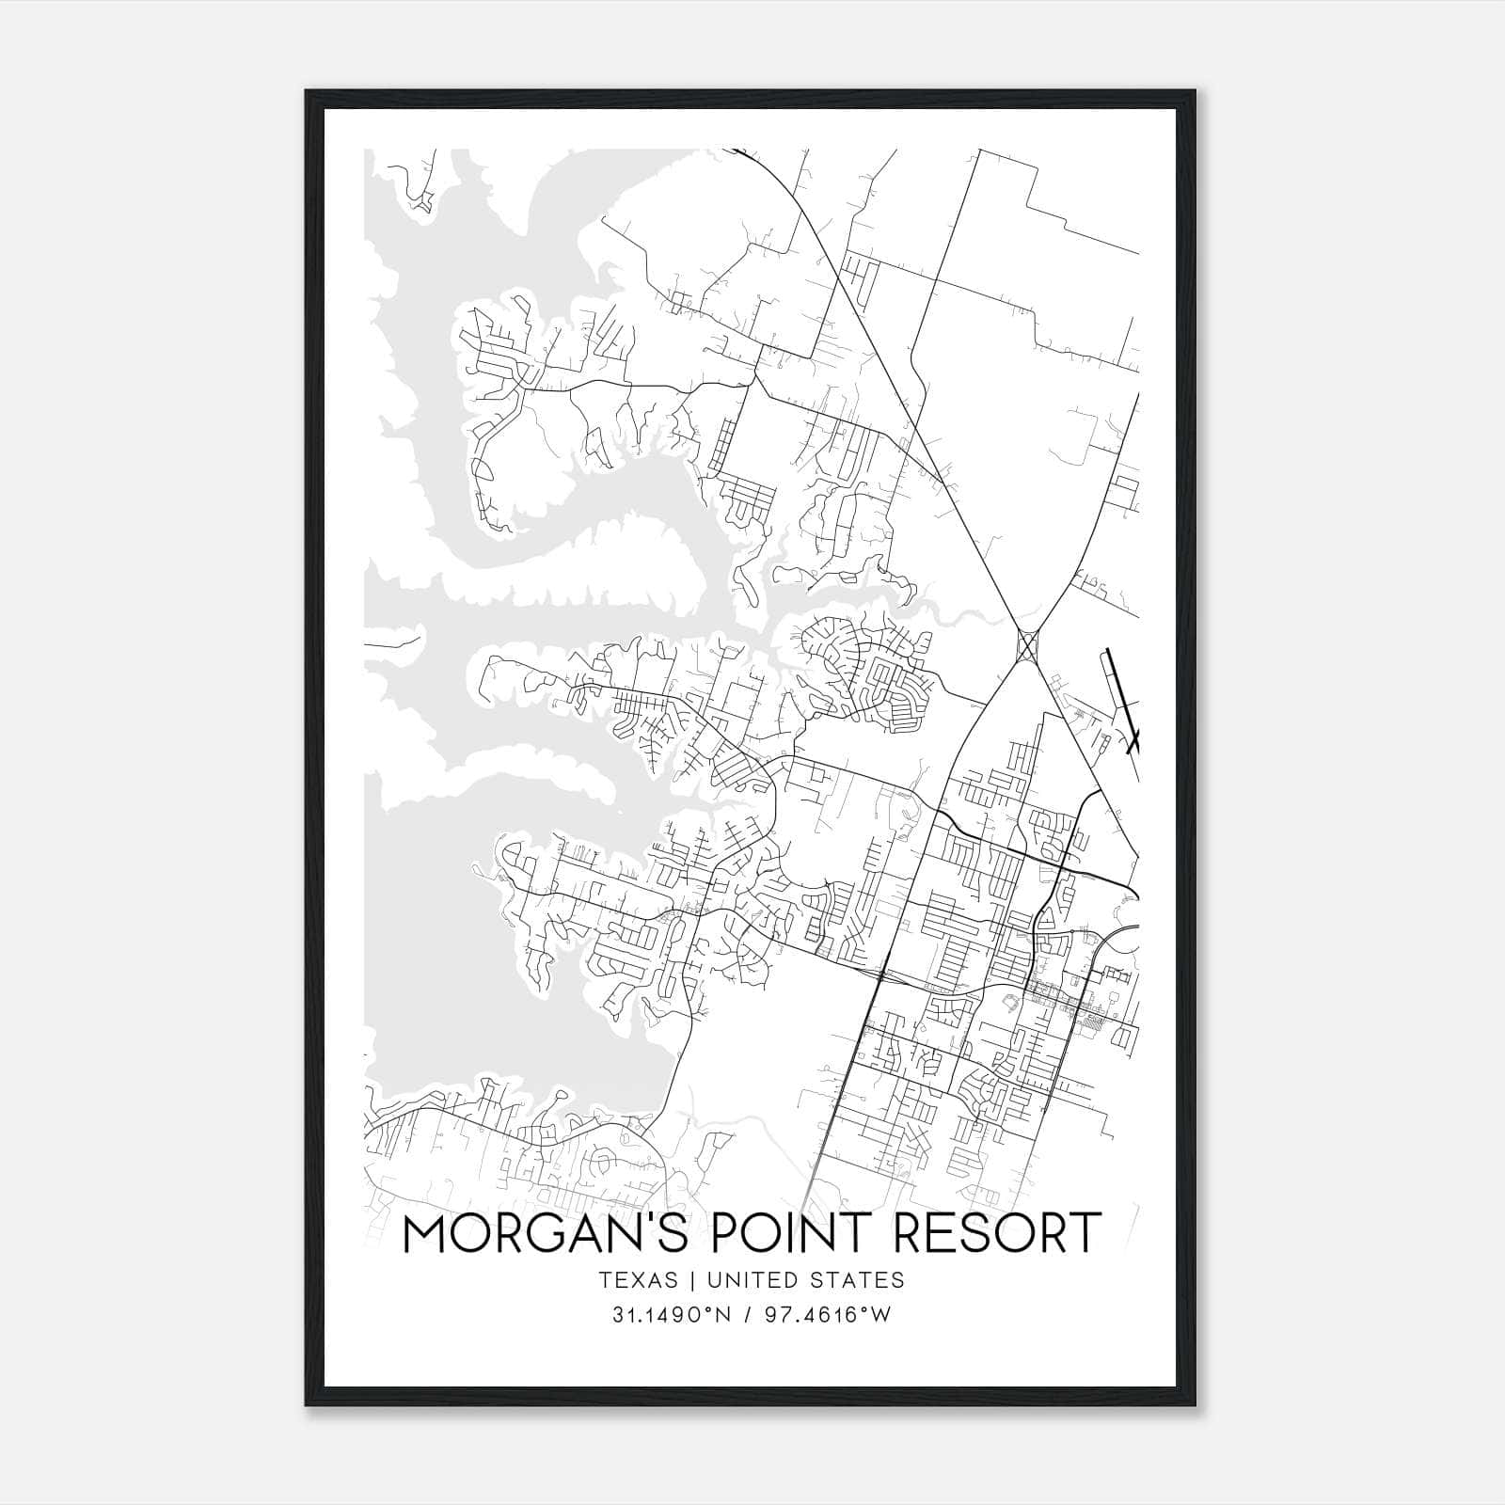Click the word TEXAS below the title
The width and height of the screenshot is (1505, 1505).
638,1279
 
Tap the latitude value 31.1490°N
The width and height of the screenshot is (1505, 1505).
671,1315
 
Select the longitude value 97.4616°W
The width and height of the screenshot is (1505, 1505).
829,1315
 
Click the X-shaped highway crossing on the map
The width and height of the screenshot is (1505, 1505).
1027,645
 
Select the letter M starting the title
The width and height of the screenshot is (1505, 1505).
424,1233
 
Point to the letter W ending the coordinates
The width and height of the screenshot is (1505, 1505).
880,1315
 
